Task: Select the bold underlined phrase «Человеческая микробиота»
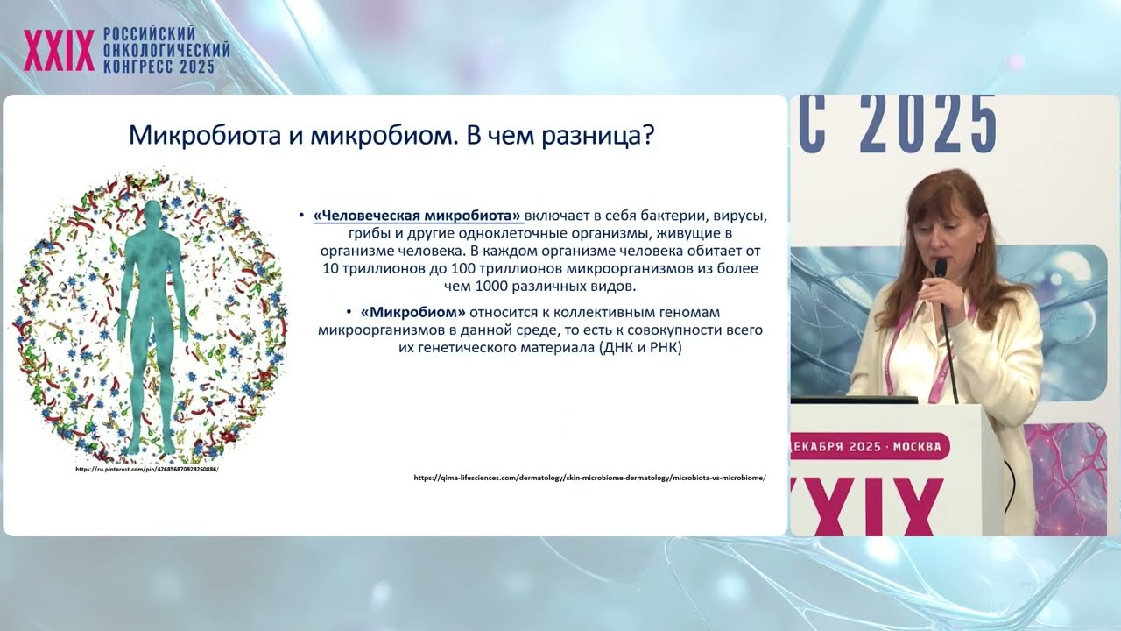point(418,216)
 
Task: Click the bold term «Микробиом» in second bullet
point(412,312)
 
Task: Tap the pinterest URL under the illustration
point(146,469)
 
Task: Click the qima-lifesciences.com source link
point(589,478)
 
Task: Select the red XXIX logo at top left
point(59,52)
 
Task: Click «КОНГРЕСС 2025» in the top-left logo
point(159,67)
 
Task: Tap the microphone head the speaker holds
point(940,268)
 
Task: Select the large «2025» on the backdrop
point(929,125)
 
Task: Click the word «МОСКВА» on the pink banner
point(916,447)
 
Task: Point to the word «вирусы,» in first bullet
point(740,216)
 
